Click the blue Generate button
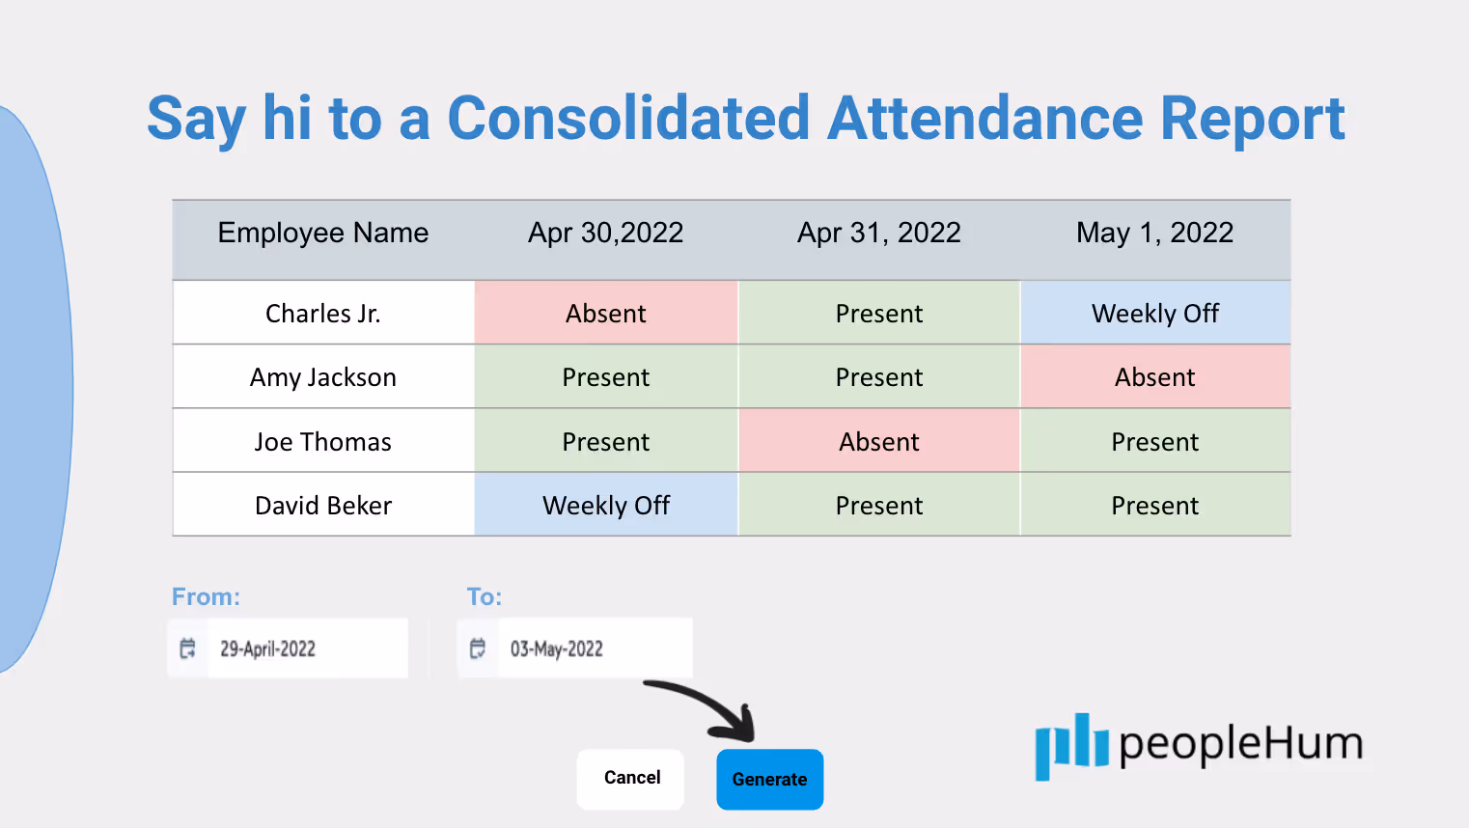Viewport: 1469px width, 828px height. click(x=769, y=779)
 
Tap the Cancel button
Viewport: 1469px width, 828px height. click(x=630, y=778)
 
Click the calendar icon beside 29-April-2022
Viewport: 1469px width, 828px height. click(x=187, y=649)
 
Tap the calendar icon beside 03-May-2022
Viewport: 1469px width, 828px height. click(x=478, y=649)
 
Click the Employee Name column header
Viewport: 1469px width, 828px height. click(x=322, y=233)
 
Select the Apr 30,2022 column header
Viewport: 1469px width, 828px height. click(x=605, y=233)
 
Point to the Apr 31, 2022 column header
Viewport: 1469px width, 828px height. click(x=878, y=233)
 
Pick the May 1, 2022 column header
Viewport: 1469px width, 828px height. click(x=1154, y=233)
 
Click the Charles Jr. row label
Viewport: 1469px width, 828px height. click(x=322, y=314)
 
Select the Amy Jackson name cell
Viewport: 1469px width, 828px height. click(x=322, y=377)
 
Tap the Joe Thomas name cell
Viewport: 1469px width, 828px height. click(x=322, y=441)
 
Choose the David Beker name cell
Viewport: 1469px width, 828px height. click(x=322, y=505)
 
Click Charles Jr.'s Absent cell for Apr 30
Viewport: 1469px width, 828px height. click(x=606, y=313)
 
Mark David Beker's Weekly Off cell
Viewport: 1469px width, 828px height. click(x=606, y=505)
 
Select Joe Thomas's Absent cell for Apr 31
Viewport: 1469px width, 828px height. click(x=878, y=441)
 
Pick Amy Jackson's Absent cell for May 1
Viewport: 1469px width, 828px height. click(x=1155, y=377)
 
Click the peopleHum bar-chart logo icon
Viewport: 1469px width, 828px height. click(x=1071, y=747)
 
